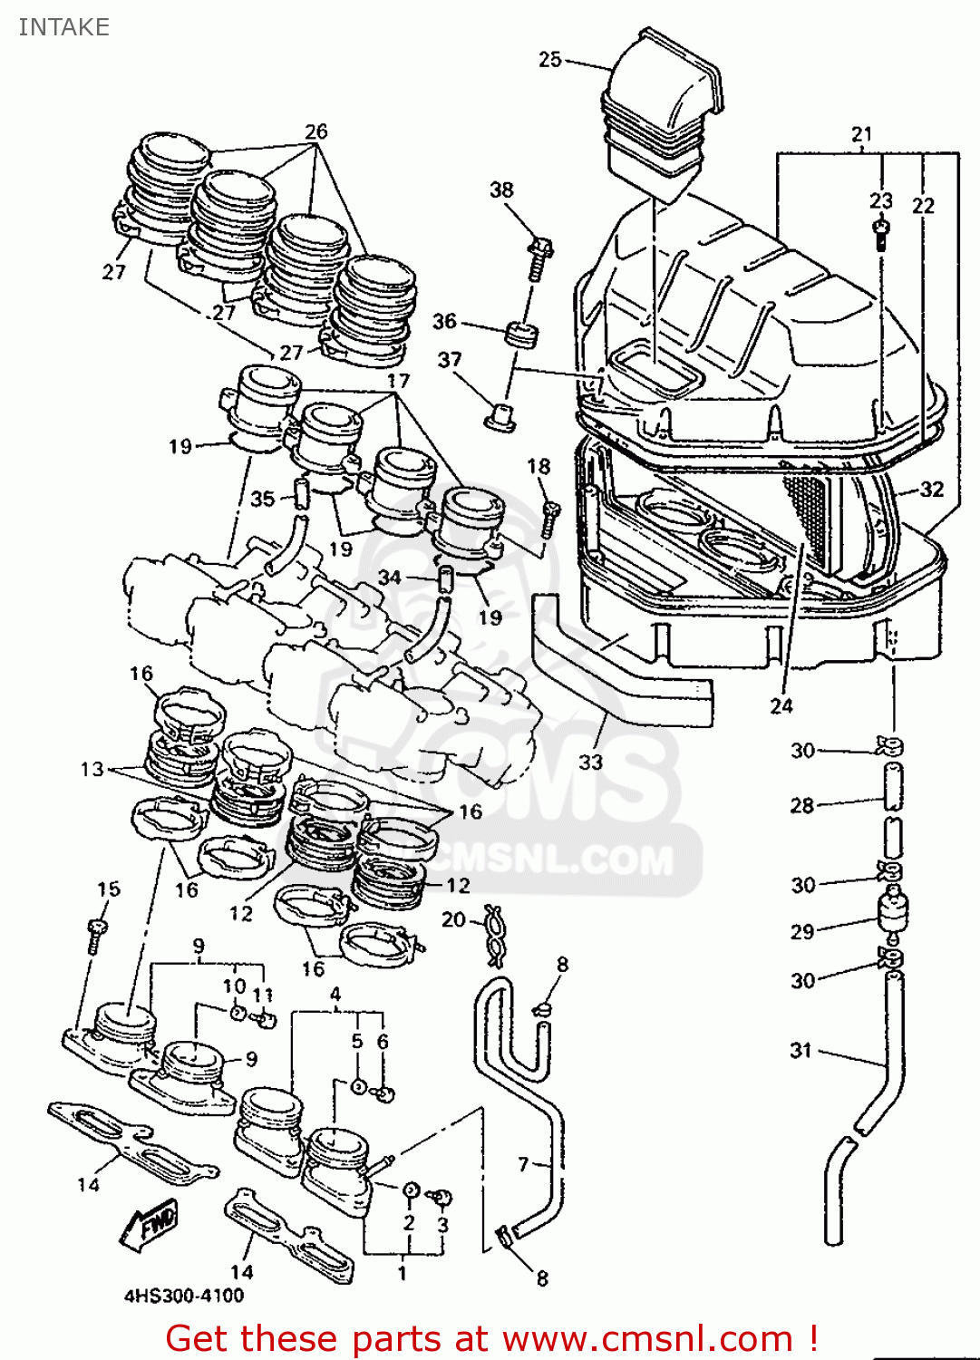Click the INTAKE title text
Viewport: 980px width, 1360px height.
(63, 27)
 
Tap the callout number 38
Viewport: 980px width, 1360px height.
(501, 190)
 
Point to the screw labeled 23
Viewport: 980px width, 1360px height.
(880, 233)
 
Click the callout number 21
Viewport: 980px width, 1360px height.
(861, 134)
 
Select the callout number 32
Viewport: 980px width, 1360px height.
(931, 490)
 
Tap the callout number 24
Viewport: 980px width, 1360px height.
(781, 705)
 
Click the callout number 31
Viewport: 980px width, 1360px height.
(800, 1050)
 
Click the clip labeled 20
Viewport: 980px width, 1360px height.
(494, 934)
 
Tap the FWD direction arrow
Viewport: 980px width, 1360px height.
(149, 1224)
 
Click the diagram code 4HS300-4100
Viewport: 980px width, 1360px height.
(184, 1296)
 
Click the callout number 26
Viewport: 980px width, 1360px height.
(315, 131)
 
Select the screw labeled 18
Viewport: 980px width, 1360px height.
(550, 519)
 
